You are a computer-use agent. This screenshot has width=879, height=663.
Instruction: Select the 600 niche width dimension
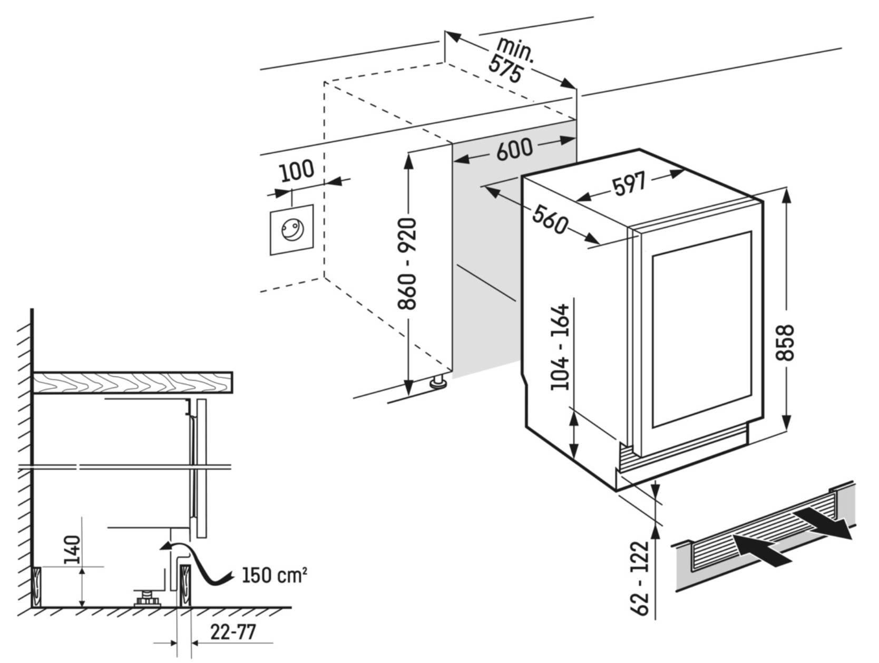point(514,149)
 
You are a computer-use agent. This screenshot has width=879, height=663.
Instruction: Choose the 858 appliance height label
point(785,343)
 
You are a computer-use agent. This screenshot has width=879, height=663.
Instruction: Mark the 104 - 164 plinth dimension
point(560,347)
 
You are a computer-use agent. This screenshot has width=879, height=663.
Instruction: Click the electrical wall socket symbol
point(292,230)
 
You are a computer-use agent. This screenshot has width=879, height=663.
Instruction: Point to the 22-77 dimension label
point(232,632)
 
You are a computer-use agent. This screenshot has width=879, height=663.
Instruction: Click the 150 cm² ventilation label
point(274,574)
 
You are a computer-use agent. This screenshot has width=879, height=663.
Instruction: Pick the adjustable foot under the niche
point(437,382)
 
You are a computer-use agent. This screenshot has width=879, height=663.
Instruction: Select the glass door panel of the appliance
point(701,329)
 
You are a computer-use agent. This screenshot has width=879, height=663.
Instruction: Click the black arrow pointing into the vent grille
point(759,550)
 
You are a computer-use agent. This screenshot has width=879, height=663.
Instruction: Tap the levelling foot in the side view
point(147,599)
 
